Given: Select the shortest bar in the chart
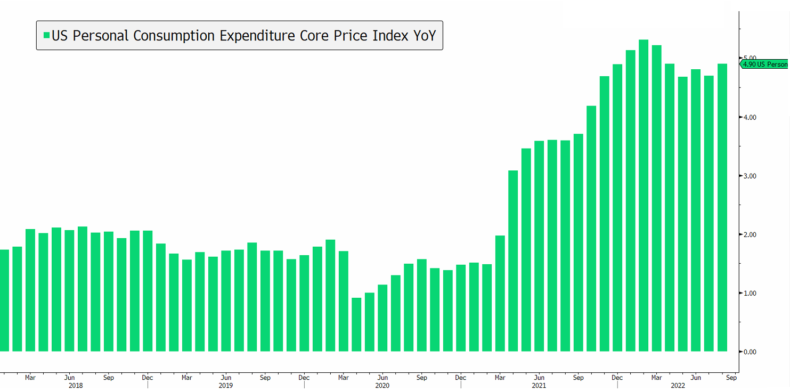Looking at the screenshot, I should [x=356, y=324].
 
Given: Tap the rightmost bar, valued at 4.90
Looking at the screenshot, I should [x=722, y=208].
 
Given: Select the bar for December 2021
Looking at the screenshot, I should [x=617, y=208].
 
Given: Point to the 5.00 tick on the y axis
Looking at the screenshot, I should [x=750, y=58].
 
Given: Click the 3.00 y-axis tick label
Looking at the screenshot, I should [x=750, y=176].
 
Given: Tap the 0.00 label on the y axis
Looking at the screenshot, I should [x=750, y=352].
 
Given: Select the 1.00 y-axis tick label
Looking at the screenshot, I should [x=750, y=293].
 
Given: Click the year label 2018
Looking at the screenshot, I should [x=76, y=385].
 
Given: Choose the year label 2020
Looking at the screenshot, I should [x=382, y=385].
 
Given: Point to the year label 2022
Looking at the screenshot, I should [x=678, y=385].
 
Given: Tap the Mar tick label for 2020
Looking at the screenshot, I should [x=344, y=378].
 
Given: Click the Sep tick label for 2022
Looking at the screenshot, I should [x=731, y=378].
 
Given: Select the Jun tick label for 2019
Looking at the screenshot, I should [x=226, y=378].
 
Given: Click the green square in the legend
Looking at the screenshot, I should [x=46, y=36].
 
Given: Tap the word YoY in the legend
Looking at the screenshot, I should [x=425, y=36].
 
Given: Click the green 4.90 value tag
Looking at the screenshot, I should [x=764, y=64].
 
